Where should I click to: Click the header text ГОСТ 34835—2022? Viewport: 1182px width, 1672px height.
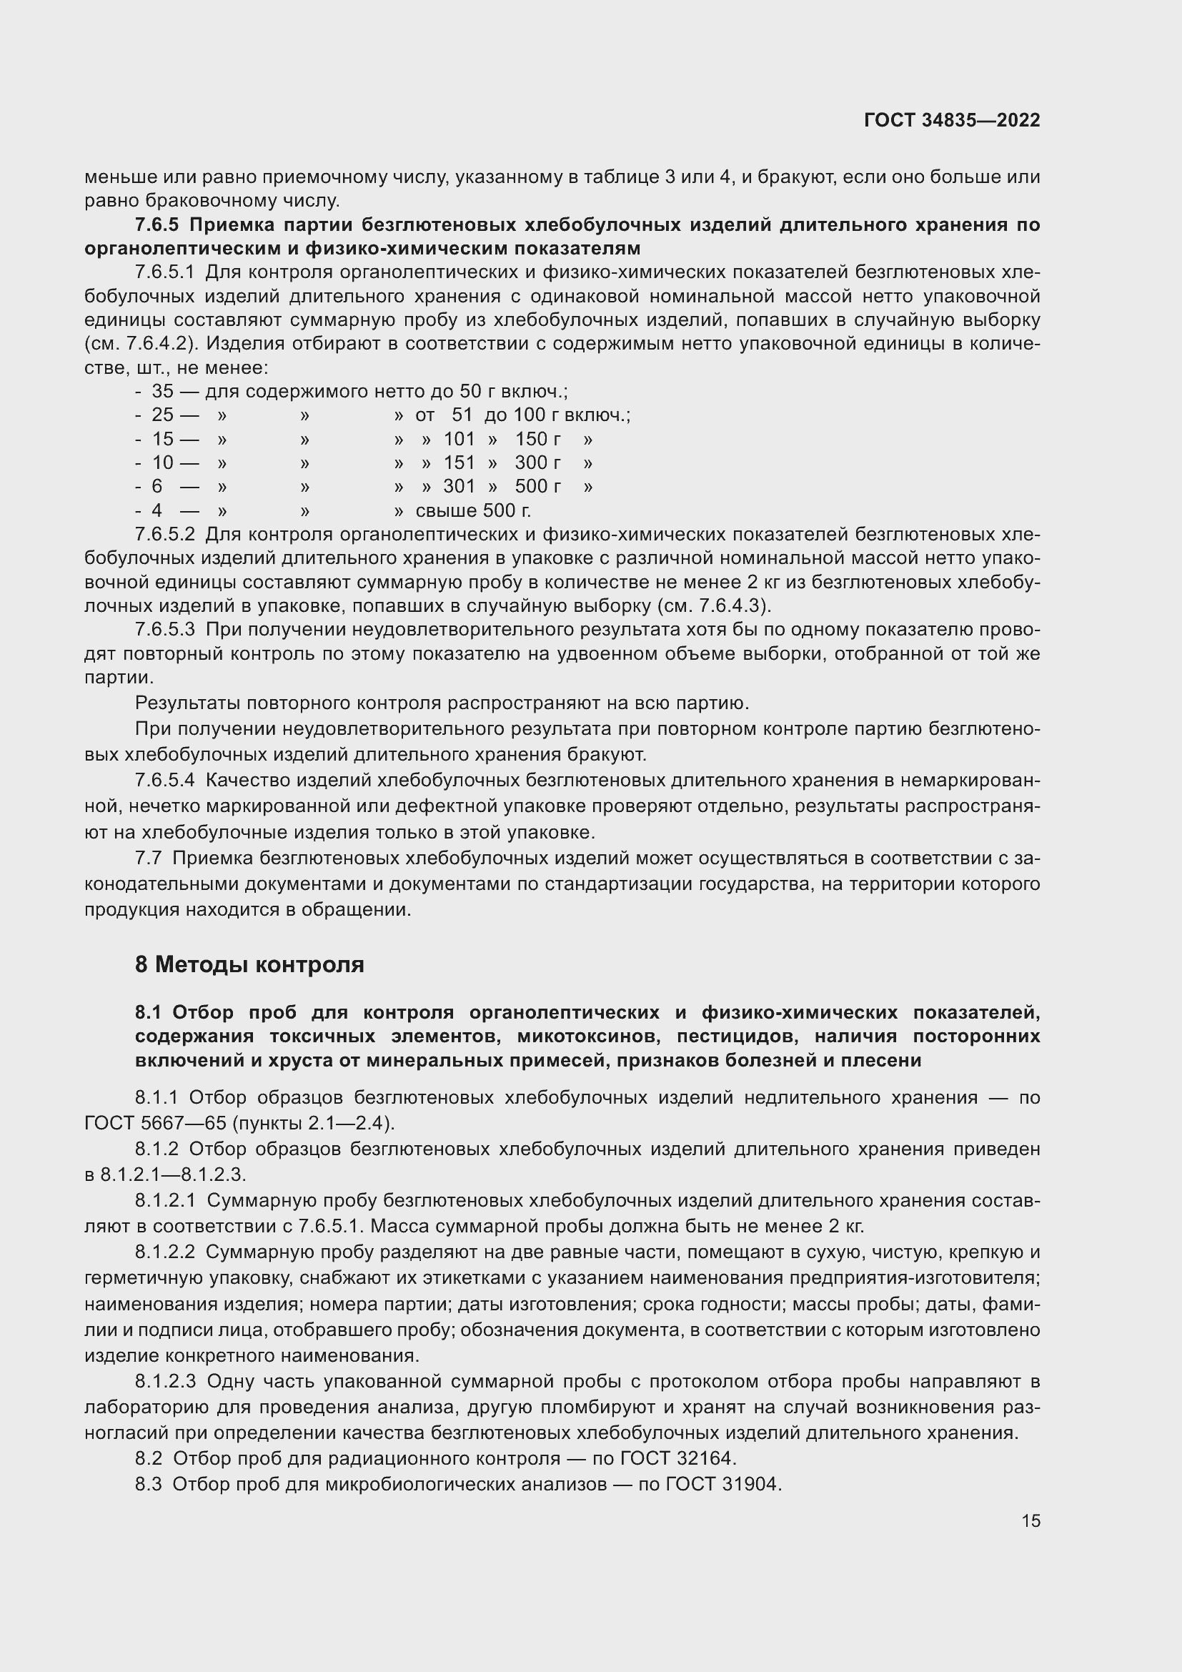tap(951, 120)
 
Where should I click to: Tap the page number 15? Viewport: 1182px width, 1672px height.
tap(1030, 1520)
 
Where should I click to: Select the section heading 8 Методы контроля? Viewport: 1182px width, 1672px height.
tap(249, 965)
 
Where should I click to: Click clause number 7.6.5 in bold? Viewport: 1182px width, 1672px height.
tap(157, 225)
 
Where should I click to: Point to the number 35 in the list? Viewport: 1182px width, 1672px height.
tap(162, 392)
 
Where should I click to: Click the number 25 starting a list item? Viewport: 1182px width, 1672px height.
tap(162, 415)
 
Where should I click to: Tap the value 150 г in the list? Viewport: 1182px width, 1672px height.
tap(538, 439)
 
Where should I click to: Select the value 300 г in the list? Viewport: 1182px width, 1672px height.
tap(537, 463)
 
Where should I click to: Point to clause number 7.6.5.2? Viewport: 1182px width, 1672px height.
tap(165, 535)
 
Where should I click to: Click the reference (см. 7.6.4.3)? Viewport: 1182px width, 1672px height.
tap(713, 606)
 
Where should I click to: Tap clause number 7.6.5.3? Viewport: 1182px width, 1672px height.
tap(165, 630)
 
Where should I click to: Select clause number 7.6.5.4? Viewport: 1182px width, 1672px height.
tap(165, 781)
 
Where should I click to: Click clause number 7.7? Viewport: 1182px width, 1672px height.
tap(149, 859)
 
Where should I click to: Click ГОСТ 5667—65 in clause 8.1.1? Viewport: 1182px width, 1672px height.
tap(156, 1123)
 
